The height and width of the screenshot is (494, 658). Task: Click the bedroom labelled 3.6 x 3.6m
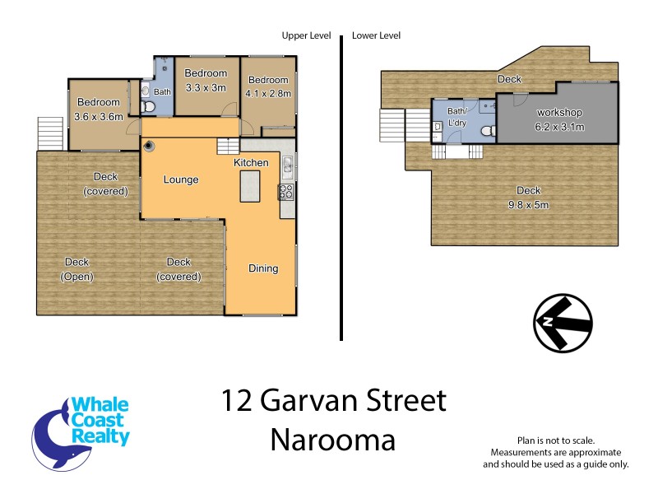point(99,110)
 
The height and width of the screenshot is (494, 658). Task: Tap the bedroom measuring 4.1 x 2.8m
point(269,86)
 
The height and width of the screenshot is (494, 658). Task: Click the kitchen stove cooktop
point(287,192)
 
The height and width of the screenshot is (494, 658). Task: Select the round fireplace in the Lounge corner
point(150,147)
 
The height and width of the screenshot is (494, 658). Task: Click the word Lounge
point(180,179)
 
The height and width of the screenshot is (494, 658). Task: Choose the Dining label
point(263,268)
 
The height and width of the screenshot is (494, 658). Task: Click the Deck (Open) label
point(76,269)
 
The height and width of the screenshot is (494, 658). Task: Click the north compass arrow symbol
point(563,321)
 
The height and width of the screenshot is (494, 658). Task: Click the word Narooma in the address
point(332,440)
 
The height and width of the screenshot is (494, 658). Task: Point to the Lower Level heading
point(376,35)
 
